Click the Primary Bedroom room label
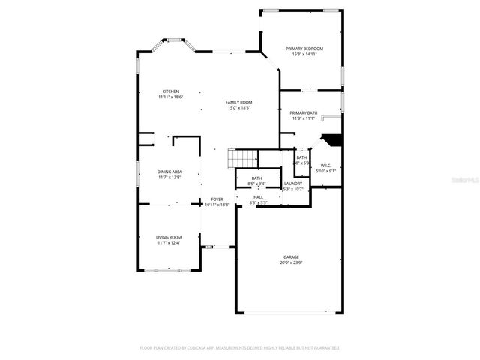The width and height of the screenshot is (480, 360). click(304, 49)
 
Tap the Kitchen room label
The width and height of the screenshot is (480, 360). click(171, 91)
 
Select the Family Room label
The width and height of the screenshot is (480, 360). click(239, 102)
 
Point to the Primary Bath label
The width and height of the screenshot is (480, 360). click(304, 113)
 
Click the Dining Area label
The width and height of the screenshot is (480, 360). click(169, 172)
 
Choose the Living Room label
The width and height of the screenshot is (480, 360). click(169, 237)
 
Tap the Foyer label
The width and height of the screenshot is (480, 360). click(217, 199)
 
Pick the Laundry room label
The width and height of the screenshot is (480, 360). click(293, 183)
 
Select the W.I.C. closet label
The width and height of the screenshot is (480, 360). click(325, 166)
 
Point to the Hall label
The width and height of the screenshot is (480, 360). click(258, 197)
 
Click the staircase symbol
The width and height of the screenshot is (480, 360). click(242, 159)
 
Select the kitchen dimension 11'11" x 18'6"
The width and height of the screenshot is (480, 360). click(171, 97)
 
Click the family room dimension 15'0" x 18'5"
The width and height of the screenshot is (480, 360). click(239, 108)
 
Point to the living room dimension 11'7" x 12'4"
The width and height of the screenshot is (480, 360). click(169, 243)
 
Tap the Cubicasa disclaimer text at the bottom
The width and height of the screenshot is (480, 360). click(240, 348)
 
